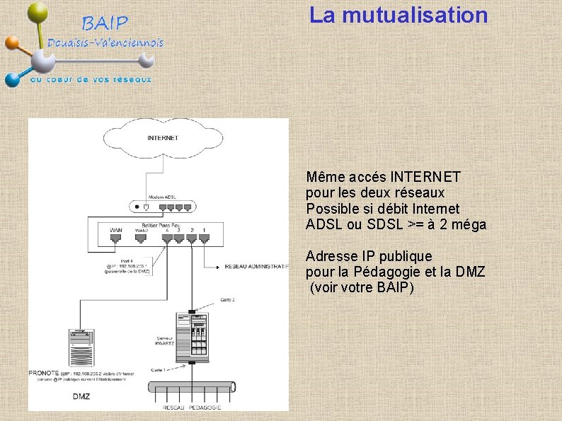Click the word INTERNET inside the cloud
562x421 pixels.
coord(162,138)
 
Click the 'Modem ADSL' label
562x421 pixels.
coord(162,197)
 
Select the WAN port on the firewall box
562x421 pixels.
coord(116,238)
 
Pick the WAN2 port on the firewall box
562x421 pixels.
coord(142,238)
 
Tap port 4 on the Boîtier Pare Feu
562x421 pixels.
coord(167,238)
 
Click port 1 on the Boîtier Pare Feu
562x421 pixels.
coord(205,238)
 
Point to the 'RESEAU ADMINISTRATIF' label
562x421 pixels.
coord(256,267)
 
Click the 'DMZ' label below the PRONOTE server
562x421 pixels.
coord(81,396)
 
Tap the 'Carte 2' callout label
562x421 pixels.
coord(227,299)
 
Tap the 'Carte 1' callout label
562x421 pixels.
coord(159,369)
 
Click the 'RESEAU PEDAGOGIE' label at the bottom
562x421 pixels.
coord(192,408)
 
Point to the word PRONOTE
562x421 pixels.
coord(44,373)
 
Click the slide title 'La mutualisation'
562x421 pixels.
coord(398,15)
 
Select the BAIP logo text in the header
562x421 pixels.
coord(106,23)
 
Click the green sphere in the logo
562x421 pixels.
coord(38,13)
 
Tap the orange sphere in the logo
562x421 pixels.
coord(11,42)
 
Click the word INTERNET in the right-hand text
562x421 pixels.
coord(425,176)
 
